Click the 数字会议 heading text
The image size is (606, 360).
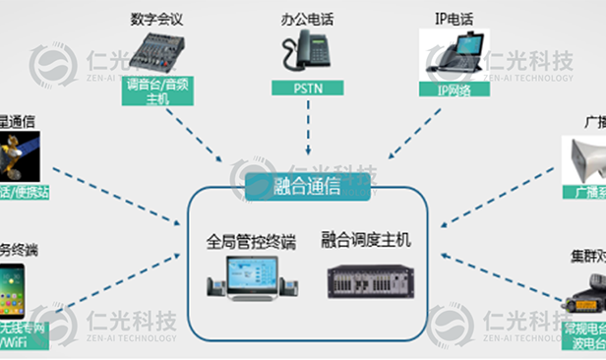coord(157,19)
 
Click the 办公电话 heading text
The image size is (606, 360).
coord(306,19)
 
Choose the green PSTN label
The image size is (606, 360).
coord(306,89)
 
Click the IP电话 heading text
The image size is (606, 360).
coord(454,19)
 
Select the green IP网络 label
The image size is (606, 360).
coord(454,89)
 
